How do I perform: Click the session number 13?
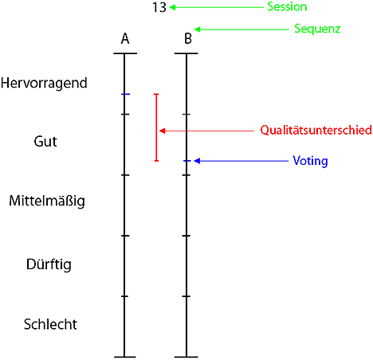point(159,7)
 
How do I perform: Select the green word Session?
point(287,6)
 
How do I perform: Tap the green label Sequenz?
point(317,29)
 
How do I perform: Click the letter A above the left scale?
point(125,38)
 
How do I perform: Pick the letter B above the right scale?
point(188,38)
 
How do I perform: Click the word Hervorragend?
point(44,84)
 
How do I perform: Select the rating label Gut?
point(45,141)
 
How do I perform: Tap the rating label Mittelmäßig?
point(47,201)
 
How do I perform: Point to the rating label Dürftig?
point(49,264)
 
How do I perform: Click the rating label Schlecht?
point(50,324)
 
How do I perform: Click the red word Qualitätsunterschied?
point(316,130)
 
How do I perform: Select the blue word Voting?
point(310,161)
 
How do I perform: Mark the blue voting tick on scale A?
point(125,94)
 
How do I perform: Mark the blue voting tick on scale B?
point(186,161)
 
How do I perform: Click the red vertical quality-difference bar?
point(156,127)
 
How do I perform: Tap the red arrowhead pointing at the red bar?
point(162,131)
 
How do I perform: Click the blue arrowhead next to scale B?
point(197,161)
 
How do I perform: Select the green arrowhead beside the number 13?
point(172,7)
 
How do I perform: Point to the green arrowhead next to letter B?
point(198,29)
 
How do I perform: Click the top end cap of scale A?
point(125,53)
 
